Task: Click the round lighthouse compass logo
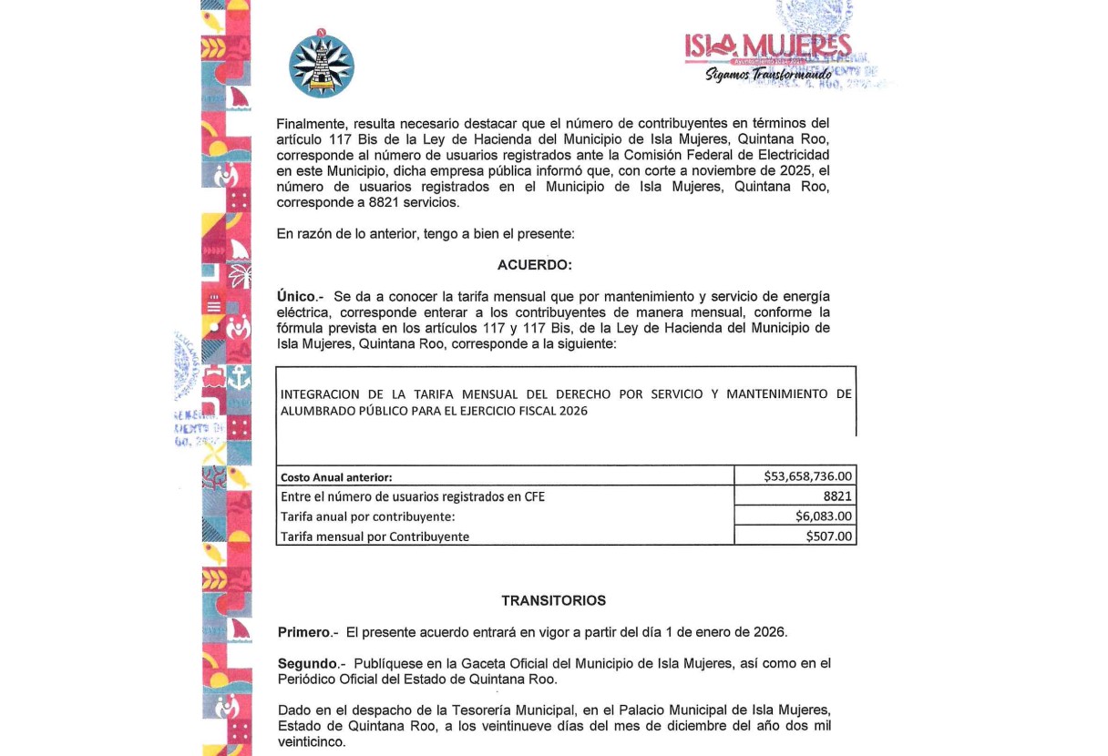click(321, 66)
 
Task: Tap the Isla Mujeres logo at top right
click(767, 47)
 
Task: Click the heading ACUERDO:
click(535, 265)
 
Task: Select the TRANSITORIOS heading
click(553, 601)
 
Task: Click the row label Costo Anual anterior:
click(336, 476)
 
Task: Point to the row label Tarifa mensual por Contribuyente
click(374, 536)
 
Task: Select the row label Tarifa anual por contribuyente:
click(367, 516)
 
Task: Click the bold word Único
click(295, 297)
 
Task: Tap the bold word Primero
click(303, 632)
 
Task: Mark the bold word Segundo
click(307, 664)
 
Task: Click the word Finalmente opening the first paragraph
click(309, 123)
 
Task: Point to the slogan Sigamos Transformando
click(768, 75)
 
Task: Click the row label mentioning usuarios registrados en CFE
click(413, 496)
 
